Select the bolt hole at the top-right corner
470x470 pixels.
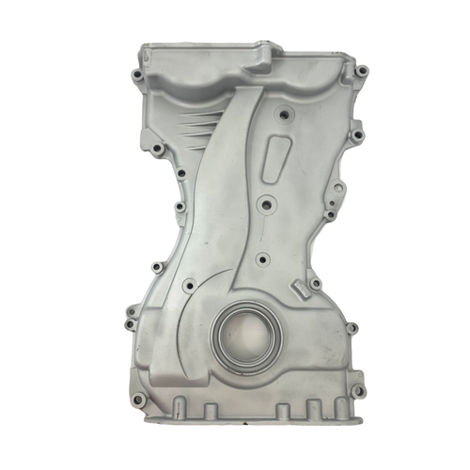(360, 70)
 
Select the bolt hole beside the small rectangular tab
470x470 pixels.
(316, 283)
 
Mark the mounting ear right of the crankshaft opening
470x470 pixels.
(351, 328)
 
